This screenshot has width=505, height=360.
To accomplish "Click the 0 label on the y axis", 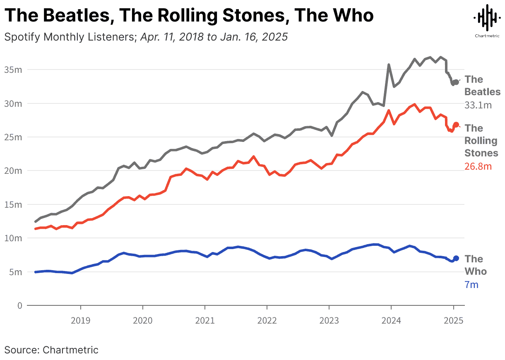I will pyautogui.click(x=19, y=305).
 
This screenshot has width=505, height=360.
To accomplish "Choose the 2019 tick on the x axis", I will pyautogui.click(x=80, y=320).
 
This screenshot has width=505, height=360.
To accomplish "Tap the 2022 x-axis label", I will pyautogui.click(x=267, y=320).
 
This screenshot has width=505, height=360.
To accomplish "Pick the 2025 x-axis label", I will pyautogui.click(x=453, y=320).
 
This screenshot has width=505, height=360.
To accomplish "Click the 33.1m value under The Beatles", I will pyautogui.click(x=478, y=105).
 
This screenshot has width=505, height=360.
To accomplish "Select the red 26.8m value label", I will pyautogui.click(x=478, y=166).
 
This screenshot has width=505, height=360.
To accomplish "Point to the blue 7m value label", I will pyautogui.click(x=471, y=285).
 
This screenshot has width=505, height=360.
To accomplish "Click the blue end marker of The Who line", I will pyautogui.click(x=456, y=258).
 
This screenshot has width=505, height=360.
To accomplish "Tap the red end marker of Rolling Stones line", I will pyautogui.click(x=456, y=124).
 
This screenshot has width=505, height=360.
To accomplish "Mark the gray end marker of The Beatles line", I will pyautogui.click(x=456, y=82).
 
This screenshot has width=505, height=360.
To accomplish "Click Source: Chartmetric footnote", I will pyautogui.click(x=51, y=350).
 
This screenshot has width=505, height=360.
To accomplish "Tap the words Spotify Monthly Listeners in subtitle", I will pyautogui.click(x=68, y=37).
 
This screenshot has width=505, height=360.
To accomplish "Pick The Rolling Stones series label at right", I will pyautogui.click(x=481, y=141).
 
